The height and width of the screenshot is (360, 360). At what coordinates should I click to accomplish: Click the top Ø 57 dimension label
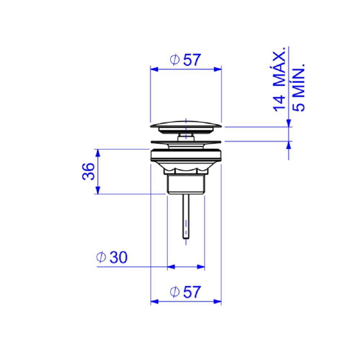click(185, 60)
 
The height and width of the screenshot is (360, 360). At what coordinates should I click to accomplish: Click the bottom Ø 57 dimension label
click(185, 292)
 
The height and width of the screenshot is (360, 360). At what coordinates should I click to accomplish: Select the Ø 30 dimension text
click(112, 257)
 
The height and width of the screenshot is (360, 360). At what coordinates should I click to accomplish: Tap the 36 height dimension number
click(89, 171)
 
